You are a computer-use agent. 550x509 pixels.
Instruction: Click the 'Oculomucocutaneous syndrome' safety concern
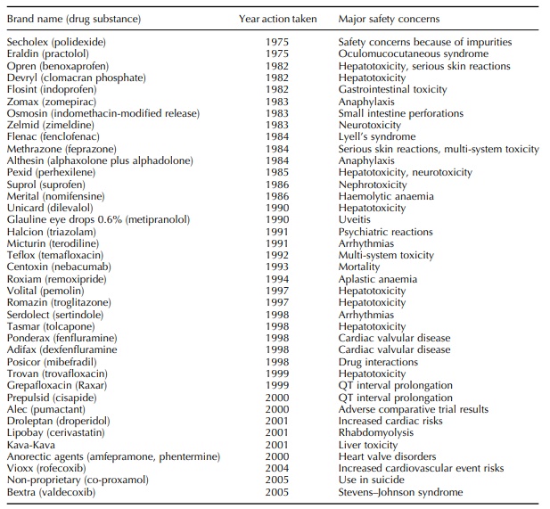pos(413,53)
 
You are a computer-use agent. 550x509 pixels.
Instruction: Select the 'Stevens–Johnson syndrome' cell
pos(400,491)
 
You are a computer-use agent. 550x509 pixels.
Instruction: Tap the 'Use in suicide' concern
pos(370,480)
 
